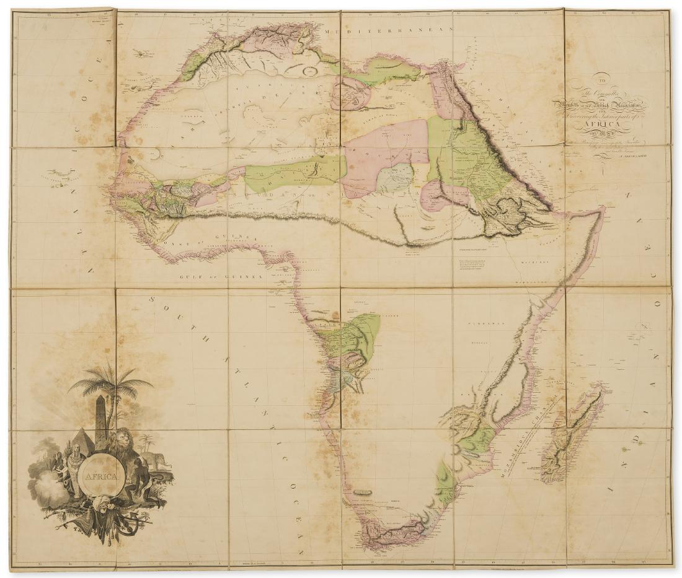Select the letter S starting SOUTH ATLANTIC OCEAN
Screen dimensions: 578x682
[x=153, y=300]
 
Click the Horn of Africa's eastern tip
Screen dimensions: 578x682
[x=603, y=211]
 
